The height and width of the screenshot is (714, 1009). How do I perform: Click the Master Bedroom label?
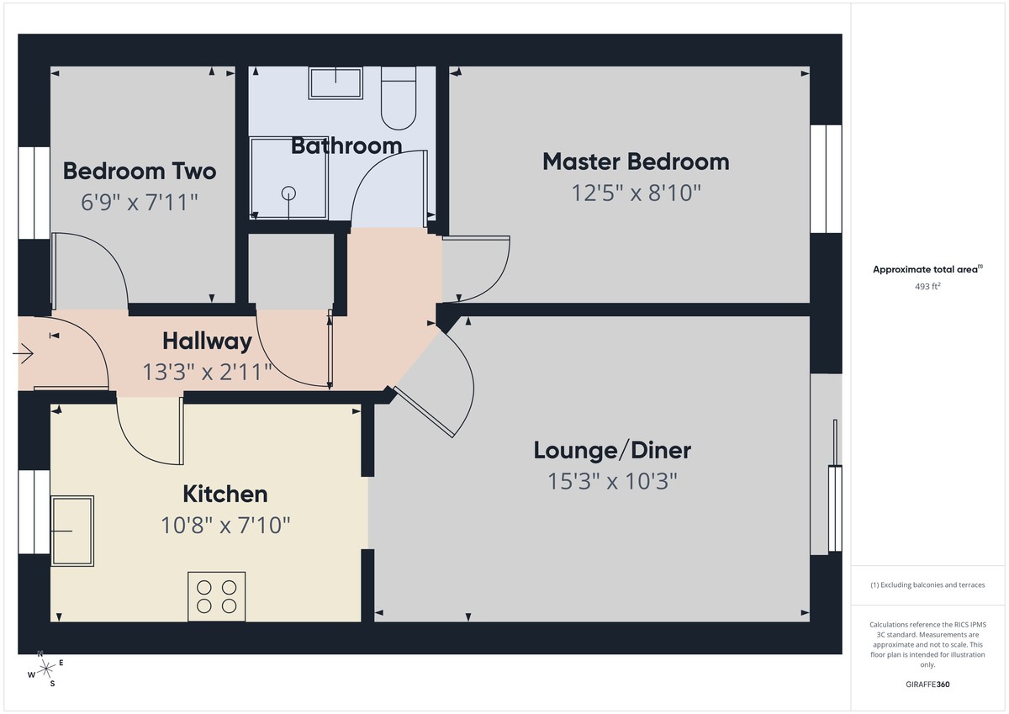635,161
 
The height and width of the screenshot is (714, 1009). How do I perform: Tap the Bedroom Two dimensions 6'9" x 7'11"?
140,202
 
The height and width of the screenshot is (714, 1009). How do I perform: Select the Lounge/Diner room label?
612,450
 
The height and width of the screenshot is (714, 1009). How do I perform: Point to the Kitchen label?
225,494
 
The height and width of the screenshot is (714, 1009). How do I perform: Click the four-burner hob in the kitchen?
217,596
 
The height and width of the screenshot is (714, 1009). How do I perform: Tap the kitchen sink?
72,530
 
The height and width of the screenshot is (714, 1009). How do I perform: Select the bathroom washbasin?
335,83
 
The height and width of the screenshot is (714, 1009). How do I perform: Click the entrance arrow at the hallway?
23,354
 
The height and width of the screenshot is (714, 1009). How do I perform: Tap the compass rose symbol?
46,669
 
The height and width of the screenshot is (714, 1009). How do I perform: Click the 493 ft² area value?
927,286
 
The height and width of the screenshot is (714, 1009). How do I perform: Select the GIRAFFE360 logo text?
927,685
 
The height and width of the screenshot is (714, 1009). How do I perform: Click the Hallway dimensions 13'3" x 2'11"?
207,372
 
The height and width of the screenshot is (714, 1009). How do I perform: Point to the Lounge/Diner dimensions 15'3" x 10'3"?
612,482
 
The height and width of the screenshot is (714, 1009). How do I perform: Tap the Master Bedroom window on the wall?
825,179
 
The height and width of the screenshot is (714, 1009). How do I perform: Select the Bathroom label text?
346,145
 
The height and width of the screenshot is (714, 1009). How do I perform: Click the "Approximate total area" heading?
927,269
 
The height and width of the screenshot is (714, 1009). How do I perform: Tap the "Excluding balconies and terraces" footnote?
927,585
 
